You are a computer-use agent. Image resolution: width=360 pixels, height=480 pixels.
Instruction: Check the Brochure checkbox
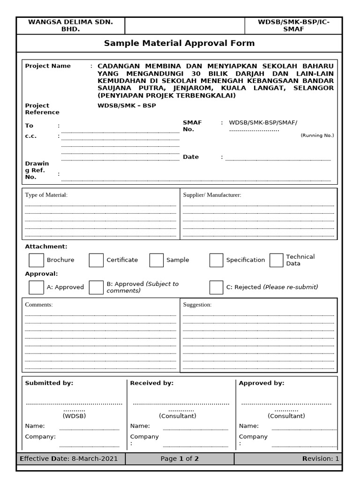coord(36,260)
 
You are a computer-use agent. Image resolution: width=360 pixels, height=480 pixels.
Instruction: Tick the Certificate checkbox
coord(96,260)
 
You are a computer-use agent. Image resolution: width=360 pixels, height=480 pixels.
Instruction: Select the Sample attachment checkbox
coord(157,260)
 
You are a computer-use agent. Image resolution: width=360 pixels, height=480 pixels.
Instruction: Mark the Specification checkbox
coord(216,260)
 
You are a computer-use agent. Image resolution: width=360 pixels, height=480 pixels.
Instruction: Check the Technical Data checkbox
coord(276,260)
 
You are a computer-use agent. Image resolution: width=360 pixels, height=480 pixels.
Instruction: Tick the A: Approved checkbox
coord(36,287)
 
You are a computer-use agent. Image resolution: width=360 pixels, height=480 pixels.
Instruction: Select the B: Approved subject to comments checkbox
coord(96,287)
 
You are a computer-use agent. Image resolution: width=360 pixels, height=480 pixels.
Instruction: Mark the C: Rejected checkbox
coord(216,287)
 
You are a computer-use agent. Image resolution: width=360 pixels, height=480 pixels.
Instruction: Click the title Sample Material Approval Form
coord(179,43)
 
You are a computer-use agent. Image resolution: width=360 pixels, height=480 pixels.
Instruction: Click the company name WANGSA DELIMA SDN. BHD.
coord(70,25)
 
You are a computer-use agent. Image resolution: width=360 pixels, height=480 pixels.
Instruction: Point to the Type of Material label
coord(46,195)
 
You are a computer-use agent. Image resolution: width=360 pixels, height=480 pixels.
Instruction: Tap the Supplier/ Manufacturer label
coord(212,195)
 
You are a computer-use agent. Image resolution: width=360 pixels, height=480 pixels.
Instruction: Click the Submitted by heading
coord(49,383)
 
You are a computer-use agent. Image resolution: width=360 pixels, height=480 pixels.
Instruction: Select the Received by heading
coord(152,383)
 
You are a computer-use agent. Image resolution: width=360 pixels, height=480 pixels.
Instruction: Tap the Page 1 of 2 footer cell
coord(180,458)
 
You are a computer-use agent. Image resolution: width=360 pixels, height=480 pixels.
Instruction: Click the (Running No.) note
coord(317,135)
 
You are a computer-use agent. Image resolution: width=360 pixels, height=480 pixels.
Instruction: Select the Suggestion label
coord(197,305)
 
